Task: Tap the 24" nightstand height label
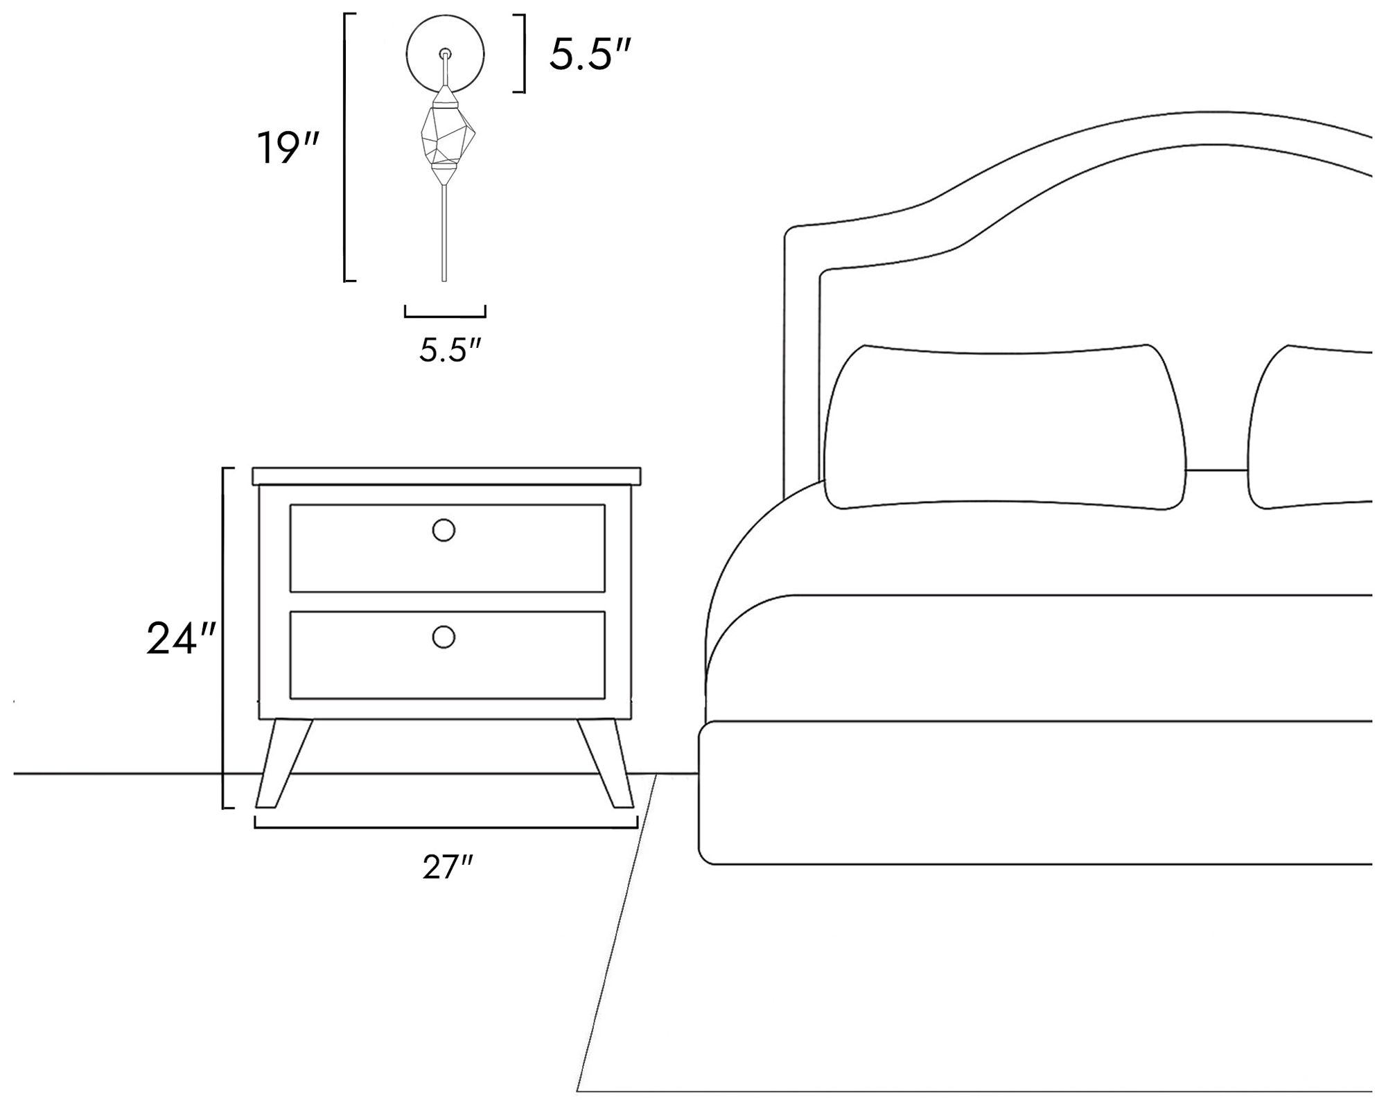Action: tap(182, 638)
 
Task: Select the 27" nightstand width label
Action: tap(448, 867)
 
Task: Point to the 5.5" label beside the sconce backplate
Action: tap(591, 54)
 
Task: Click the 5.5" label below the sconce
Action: tap(450, 351)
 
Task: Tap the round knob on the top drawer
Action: tap(444, 531)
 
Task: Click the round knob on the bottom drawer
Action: tap(444, 637)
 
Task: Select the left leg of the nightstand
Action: tap(284, 763)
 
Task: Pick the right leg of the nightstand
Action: tap(605, 763)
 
